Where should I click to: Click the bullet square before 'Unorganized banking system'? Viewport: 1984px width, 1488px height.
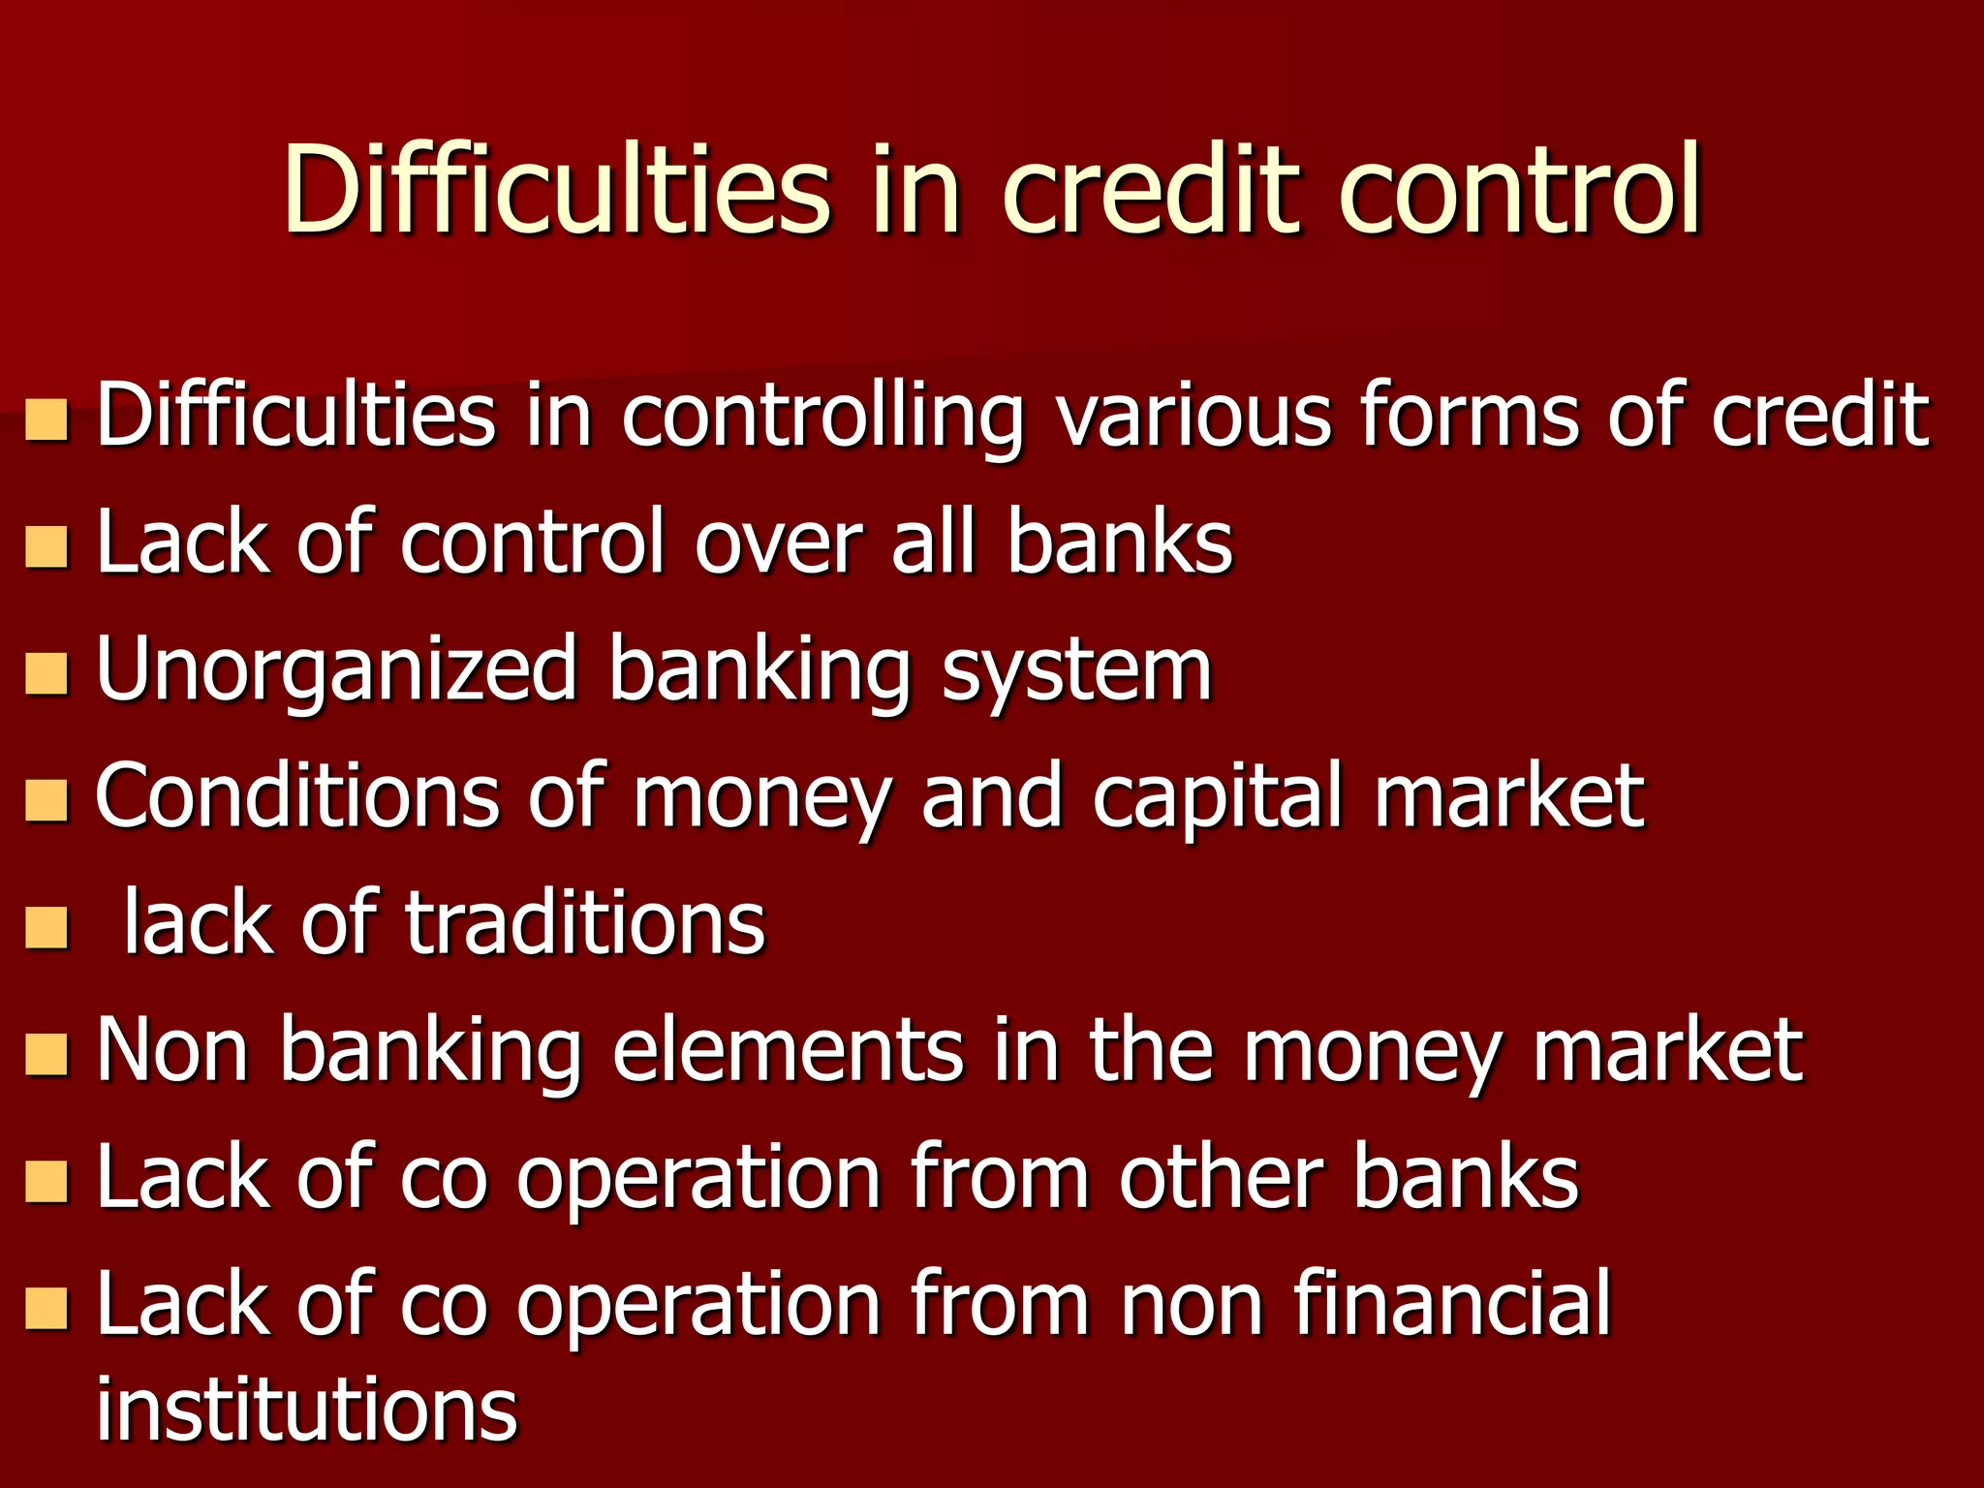pyautogui.click(x=46, y=673)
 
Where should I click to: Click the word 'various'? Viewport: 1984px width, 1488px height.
pyautogui.click(x=1193, y=417)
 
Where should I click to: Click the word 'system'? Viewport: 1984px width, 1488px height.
pyautogui.click(x=1076, y=673)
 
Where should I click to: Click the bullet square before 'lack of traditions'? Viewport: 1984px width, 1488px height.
pyautogui.click(x=46, y=927)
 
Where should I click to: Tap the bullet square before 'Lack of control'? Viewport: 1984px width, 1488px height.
pyautogui.click(x=46, y=546)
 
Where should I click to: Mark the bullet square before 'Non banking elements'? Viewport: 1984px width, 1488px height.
pyautogui.click(x=46, y=1055)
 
